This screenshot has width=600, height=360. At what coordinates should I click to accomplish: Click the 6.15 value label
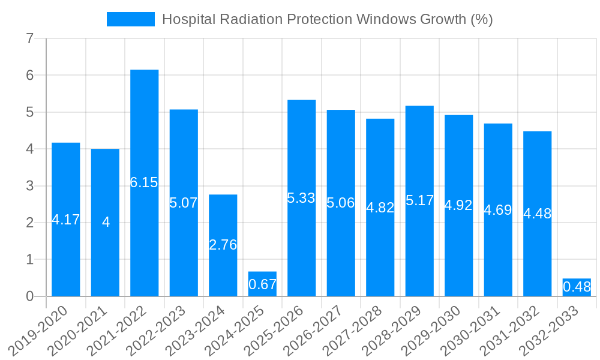[x=144, y=182]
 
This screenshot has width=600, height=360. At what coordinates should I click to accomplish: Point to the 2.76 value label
[x=223, y=245]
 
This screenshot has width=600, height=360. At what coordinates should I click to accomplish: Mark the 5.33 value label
[x=301, y=198]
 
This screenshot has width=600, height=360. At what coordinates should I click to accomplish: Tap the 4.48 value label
[x=537, y=214]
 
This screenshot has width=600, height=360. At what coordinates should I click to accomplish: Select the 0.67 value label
[x=262, y=284]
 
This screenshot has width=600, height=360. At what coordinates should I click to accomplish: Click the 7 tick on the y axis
[x=29, y=39]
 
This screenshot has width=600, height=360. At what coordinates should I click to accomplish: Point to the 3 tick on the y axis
[x=29, y=186]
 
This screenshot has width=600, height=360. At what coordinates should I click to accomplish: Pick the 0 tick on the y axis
[x=29, y=296]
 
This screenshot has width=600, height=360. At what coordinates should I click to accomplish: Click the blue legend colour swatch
[x=130, y=19]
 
